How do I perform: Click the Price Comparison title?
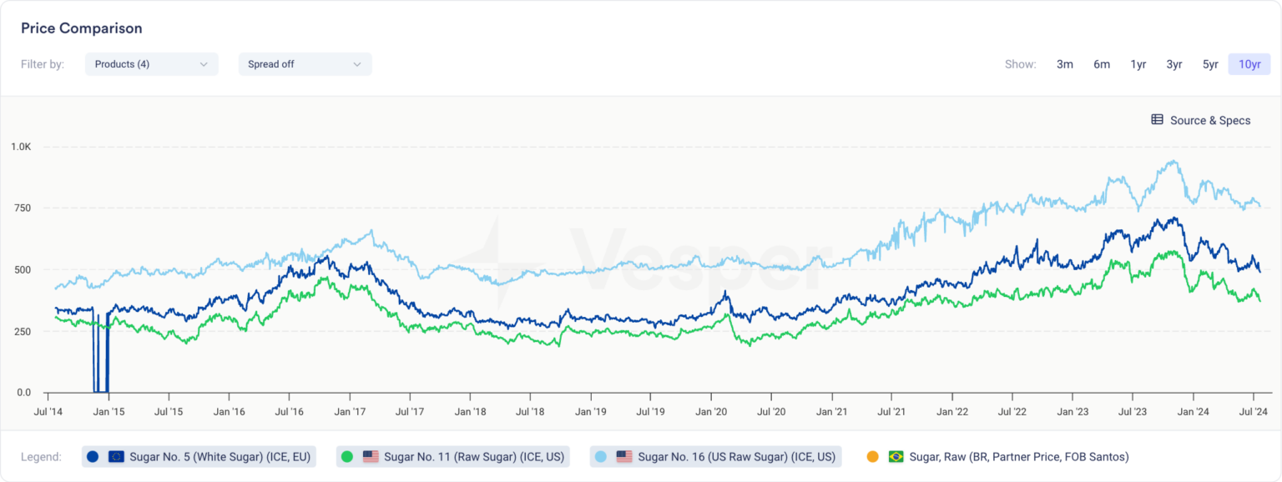[81, 28]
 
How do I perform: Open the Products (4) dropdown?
[151, 64]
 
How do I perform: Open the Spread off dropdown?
[305, 64]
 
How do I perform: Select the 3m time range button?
[1064, 64]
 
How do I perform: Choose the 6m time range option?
[1102, 64]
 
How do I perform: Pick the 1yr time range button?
[1138, 64]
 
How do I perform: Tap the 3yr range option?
[1174, 64]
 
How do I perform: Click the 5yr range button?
[1210, 64]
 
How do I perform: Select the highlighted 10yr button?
[1249, 64]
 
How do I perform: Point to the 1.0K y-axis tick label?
[21, 147]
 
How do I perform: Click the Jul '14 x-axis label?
[48, 411]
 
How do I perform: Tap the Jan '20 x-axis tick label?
[711, 411]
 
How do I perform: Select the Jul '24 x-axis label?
[1253, 411]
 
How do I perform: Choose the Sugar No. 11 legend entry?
[452, 456]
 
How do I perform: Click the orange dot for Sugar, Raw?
[872, 456]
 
